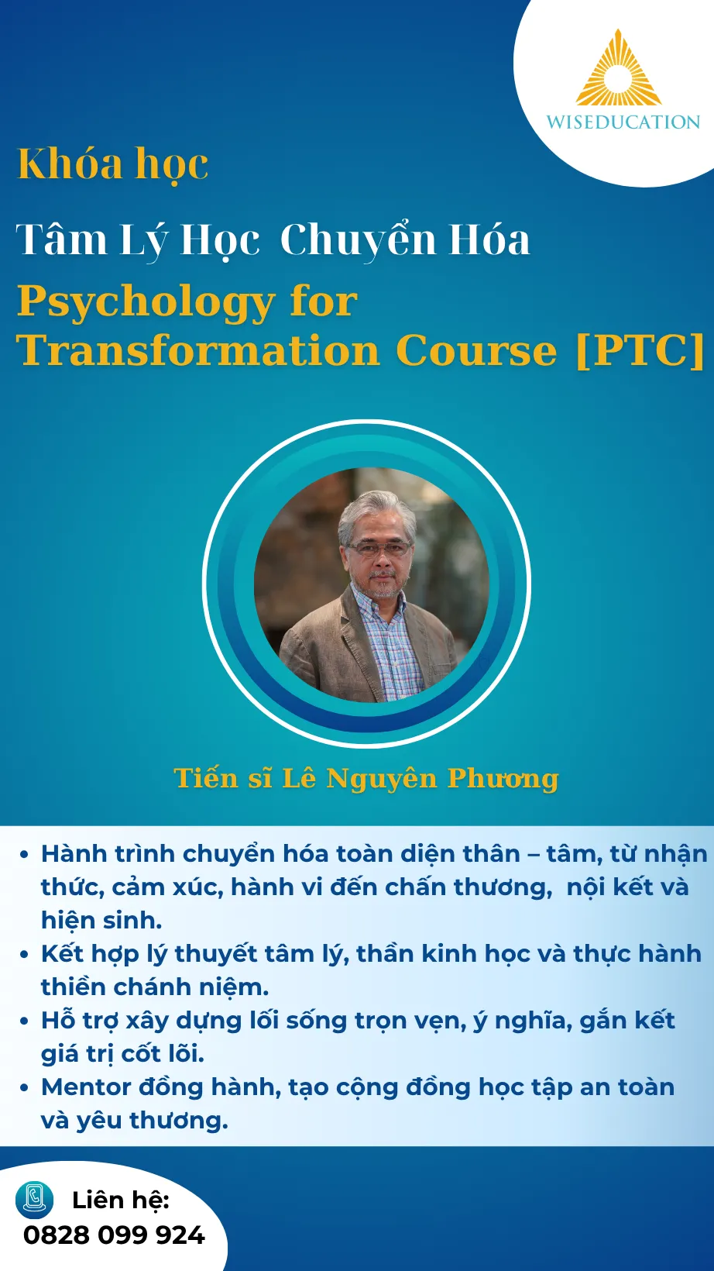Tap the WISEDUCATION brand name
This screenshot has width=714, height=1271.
(623, 122)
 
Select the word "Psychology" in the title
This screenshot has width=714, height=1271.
(146, 303)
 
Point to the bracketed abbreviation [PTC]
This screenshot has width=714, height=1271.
(640, 350)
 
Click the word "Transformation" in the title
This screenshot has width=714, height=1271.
(198, 350)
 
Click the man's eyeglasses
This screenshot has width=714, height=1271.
(379, 548)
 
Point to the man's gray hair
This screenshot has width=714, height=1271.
(376, 514)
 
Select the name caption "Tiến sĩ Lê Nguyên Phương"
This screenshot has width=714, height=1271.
(366, 778)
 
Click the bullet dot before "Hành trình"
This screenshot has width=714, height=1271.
(24, 855)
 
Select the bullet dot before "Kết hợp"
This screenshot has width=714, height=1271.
(24, 955)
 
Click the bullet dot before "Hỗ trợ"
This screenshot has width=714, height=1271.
(24, 1021)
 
